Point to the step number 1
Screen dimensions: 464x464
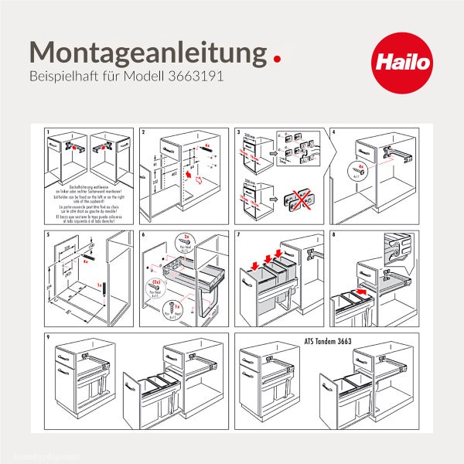(48, 133)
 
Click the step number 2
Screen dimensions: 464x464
(144, 133)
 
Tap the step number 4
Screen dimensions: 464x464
(334, 133)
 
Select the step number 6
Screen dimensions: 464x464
(144, 234)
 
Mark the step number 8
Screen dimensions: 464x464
(334, 234)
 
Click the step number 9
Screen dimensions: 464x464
(48, 337)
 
